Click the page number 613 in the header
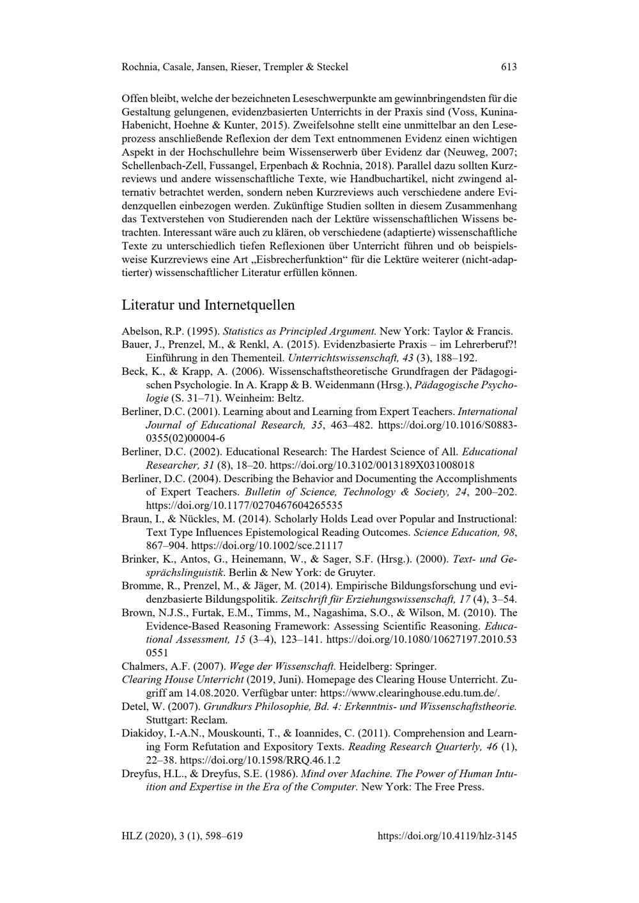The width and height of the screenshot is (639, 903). [x=509, y=66]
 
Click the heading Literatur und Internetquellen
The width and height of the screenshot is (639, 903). [x=208, y=304]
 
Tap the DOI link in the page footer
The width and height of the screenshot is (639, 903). [x=447, y=835]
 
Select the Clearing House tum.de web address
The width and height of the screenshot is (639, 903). [x=410, y=693]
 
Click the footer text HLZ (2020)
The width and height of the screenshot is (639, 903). [x=147, y=835]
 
